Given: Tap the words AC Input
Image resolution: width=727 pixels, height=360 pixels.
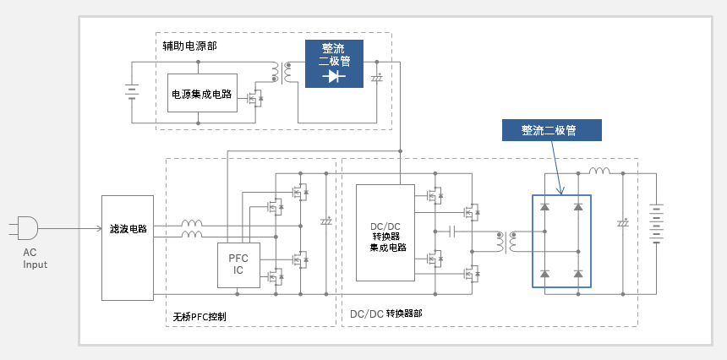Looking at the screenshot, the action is pyautogui.click(x=36, y=259).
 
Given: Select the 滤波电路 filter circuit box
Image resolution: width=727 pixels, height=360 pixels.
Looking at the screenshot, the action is pyautogui.click(x=128, y=248).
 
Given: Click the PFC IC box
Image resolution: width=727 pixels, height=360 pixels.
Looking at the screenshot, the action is pyautogui.click(x=238, y=265).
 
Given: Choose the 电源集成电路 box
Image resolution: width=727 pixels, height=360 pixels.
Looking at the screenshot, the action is pyautogui.click(x=202, y=93).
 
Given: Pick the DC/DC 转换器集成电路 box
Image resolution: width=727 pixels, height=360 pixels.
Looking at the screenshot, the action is pyautogui.click(x=385, y=232).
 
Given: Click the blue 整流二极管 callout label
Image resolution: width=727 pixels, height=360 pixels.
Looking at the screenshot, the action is pyautogui.click(x=552, y=130).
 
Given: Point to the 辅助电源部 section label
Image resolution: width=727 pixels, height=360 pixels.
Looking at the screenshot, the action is pyautogui.click(x=189, y=46).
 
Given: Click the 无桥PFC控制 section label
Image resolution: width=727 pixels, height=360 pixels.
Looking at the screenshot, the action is pyautogui.click(x=200, y=317).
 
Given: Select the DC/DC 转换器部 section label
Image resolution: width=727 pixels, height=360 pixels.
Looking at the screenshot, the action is pyautogui.click(x=386, y=314).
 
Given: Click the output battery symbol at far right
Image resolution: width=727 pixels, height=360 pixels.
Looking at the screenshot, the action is pyautogui.click(x=656, y=224).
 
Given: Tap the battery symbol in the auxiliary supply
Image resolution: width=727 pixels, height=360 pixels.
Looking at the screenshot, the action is pyautogui.click(x=132, y=92).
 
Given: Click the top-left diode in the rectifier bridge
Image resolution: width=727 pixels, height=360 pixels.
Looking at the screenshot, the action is pyautogui.click(x=544, y=207).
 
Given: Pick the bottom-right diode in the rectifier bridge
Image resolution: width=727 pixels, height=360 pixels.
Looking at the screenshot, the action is pyautogui.click(x=577, y=274).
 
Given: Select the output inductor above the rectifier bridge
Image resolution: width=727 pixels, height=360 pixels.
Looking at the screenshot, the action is pyautogui.click(x=600, y=171).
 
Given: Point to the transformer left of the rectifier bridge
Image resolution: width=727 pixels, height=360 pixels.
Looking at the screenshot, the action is pyautogui.click(x=506, y=241).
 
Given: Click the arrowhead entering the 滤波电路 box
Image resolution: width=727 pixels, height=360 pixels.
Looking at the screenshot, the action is pyautogui.click(x=99, y=228).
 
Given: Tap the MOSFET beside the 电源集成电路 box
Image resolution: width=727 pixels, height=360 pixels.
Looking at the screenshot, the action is pyautogui.click(x=255, y=98).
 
